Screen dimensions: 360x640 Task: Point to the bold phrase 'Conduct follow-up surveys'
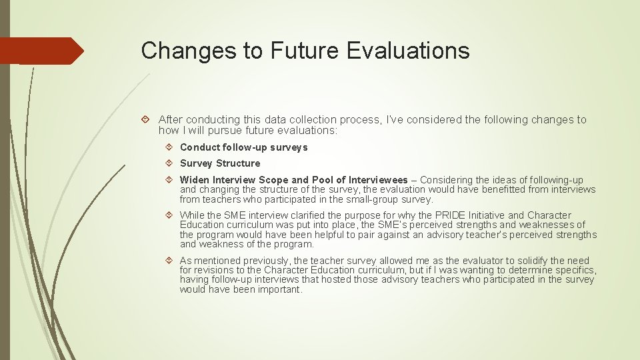click(244, 147)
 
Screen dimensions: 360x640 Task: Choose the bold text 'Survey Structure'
click(220, 163)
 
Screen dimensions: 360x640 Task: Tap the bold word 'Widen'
click(195, 180)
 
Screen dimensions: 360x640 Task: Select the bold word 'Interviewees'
click(378, 180)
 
